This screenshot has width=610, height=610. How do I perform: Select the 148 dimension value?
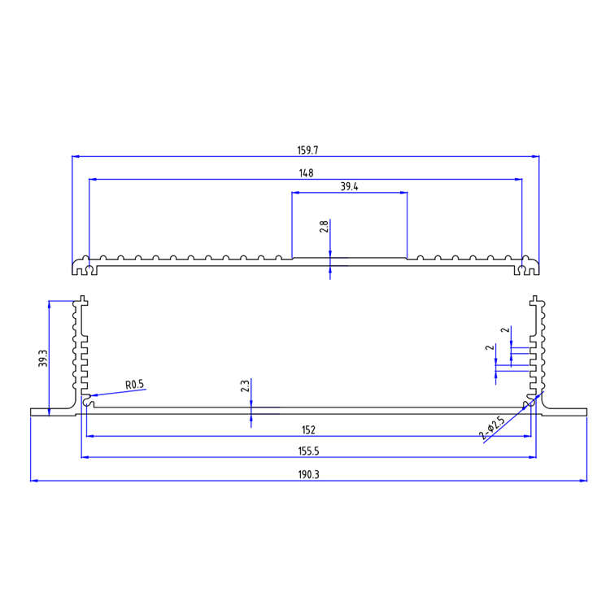coord(306,172)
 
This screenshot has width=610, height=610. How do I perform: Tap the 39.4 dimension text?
coord(350,186)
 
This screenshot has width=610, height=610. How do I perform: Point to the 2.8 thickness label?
coord(324,227)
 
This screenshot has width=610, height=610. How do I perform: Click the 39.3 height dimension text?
coord(43,359)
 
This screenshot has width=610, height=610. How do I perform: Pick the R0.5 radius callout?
coord(135,385)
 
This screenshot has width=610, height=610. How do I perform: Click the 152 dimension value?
coord(308,429)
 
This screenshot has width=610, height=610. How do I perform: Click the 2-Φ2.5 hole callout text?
coord(492,429)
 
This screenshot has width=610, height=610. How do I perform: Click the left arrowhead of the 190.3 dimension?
coord(33,481)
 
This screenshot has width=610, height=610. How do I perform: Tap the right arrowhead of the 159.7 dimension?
coord(536,156)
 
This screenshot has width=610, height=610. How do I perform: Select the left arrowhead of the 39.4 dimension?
coord(295,193)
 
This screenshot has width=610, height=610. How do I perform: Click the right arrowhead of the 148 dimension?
coord(518,179)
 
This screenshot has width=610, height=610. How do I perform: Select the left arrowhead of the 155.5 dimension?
coord(85,457)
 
